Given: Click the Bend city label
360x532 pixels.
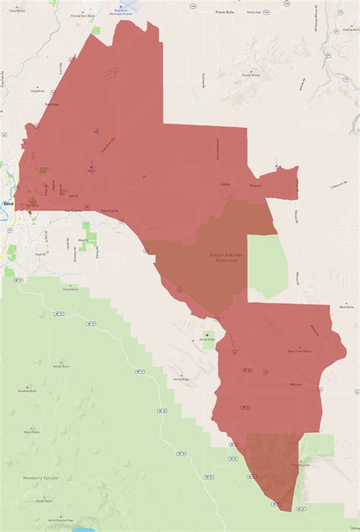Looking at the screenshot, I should [x=8, y=204].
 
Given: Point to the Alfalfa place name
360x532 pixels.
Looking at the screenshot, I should [x=225, y=182].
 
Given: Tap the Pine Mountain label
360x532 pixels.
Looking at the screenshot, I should [x=302, y=465].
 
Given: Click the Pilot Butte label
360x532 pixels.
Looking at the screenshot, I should [x=32, y=204].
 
